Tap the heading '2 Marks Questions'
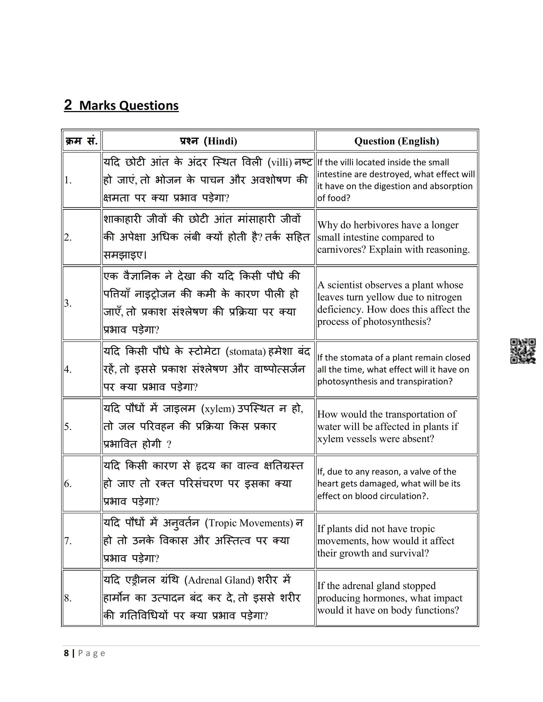121,106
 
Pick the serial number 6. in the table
68,484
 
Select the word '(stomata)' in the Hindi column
246,351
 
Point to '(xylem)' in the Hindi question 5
218,408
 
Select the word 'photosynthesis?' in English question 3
397,321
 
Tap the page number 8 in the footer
66,653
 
